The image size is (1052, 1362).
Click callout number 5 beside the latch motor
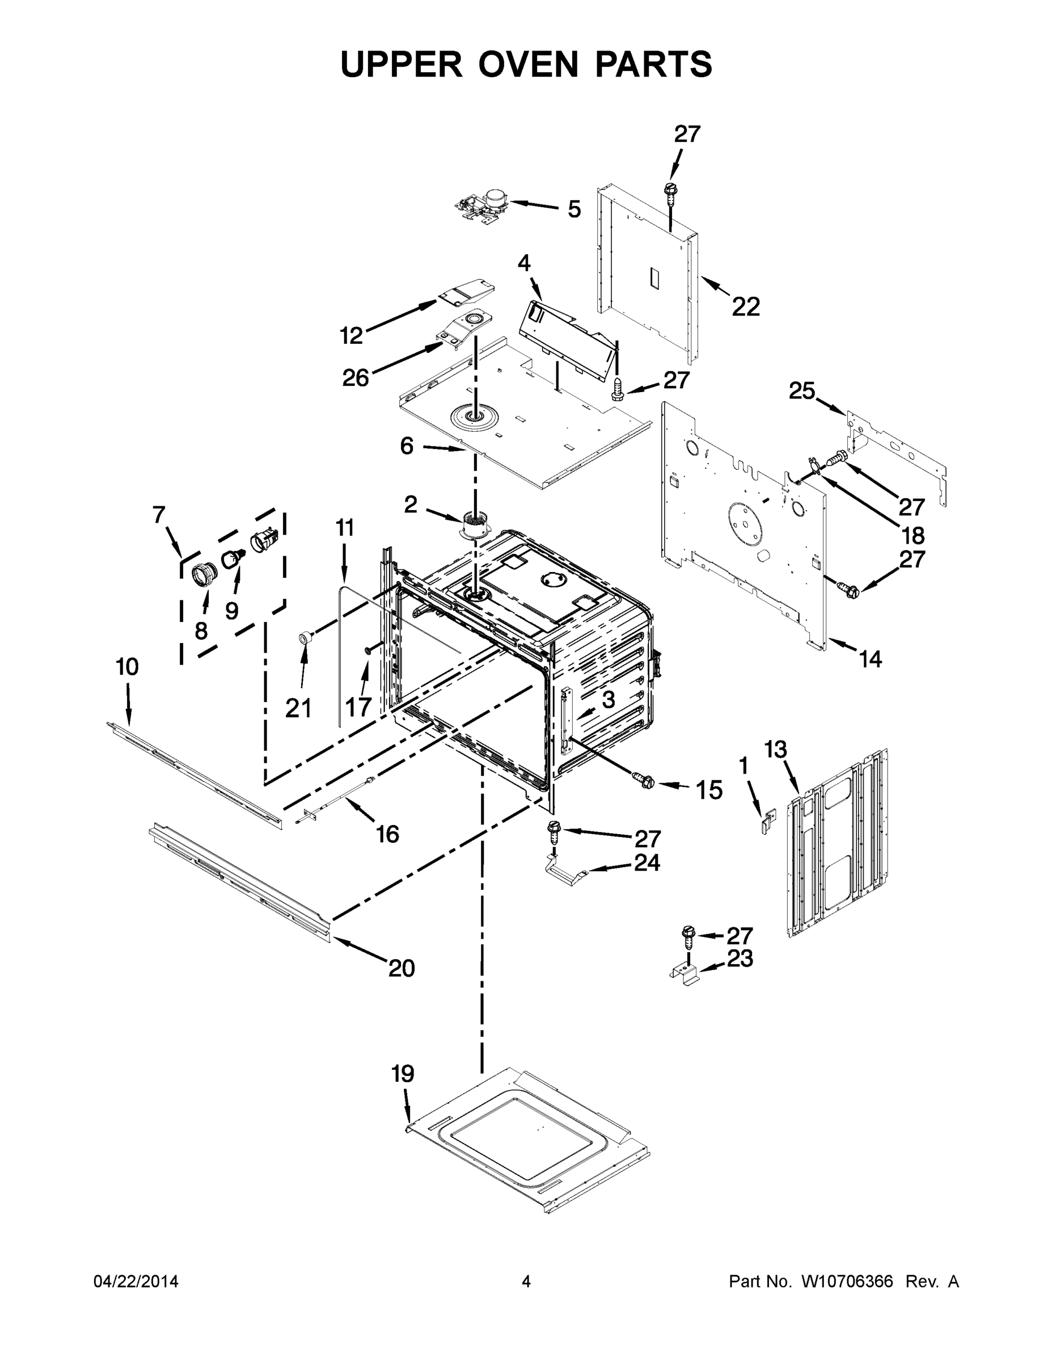click(574, 209)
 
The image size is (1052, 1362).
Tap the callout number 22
click(746, 307)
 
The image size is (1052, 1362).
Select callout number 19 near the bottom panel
click(403, 1074)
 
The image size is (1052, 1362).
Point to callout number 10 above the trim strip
click(127, 667)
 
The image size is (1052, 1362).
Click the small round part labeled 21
click(305, 637)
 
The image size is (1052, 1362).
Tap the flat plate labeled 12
click(466, 292)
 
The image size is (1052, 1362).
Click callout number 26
click(355, 378)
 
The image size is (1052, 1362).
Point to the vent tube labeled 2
click(475, 524)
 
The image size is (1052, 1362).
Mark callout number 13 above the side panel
click(775, 749)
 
